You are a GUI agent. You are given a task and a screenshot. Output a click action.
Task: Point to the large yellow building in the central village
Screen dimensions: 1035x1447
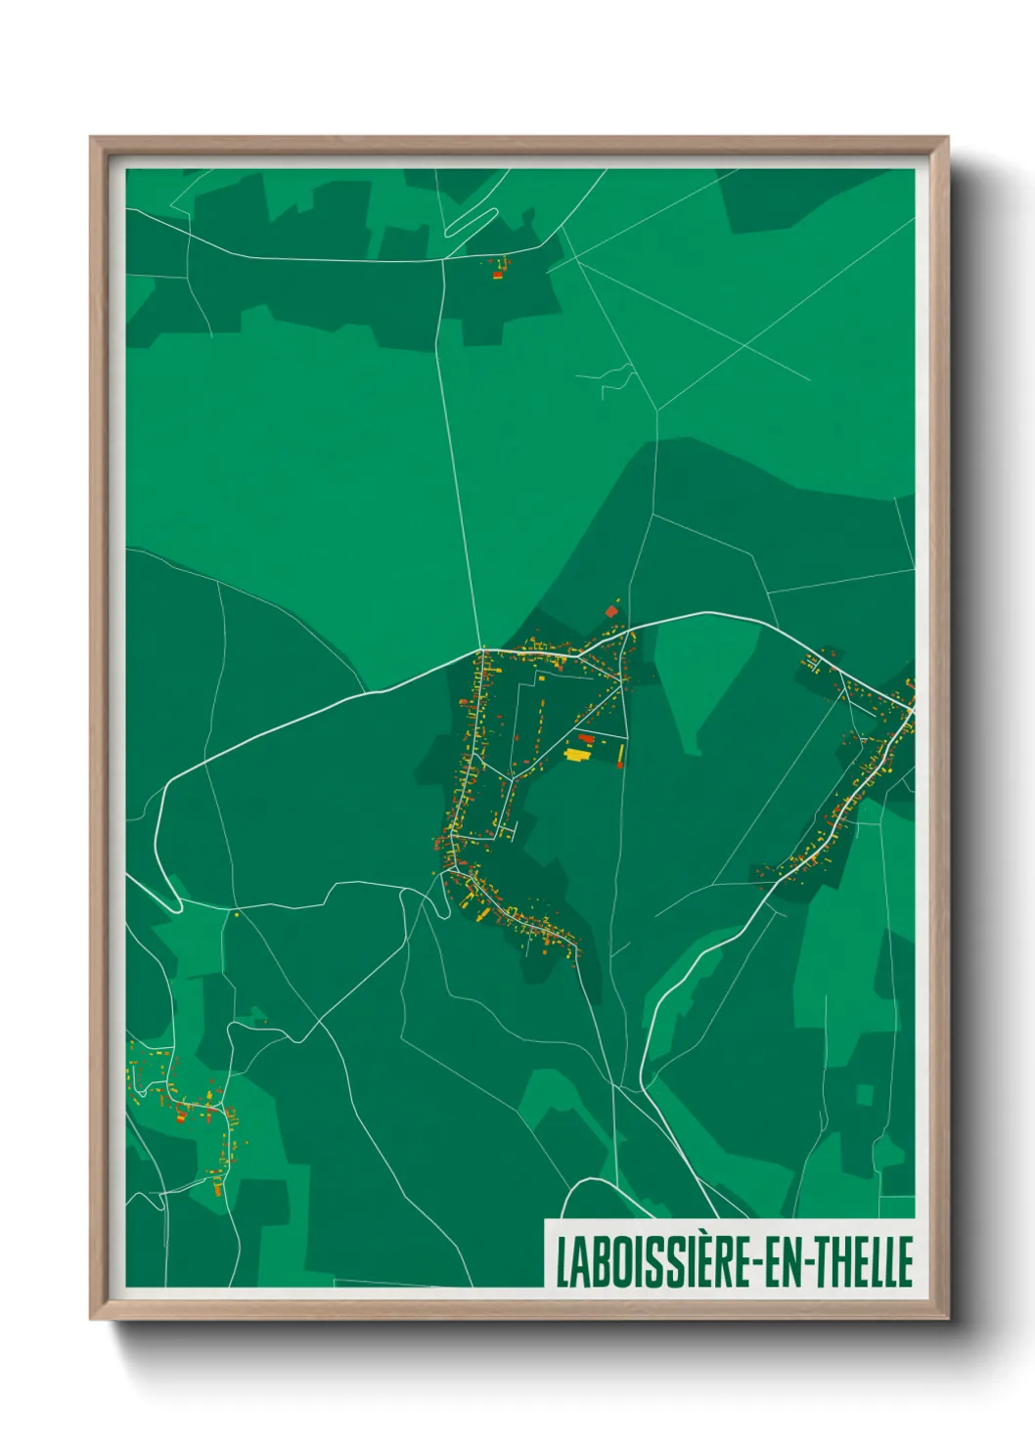pyautogui.click(x=578, y=754)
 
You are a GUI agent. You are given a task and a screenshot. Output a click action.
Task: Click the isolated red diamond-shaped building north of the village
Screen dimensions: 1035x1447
pyautogui.click(x=612, y=612)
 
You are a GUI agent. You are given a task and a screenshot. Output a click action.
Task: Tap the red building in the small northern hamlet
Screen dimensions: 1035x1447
pyautogui.click(x=497, y=275)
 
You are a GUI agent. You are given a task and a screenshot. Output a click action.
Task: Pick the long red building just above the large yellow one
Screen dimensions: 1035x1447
pyautogui.click(x=586, y=738)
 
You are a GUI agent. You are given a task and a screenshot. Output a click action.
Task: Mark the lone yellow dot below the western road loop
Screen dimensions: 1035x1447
pyautogui.click(x=236, y=915)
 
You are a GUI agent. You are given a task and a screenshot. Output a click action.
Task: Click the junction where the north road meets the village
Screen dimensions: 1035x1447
pyautogui.click(x=482, y=648)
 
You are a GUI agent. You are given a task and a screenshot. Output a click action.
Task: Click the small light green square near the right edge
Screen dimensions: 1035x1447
pyautogui.click(x=864, y=1095)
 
